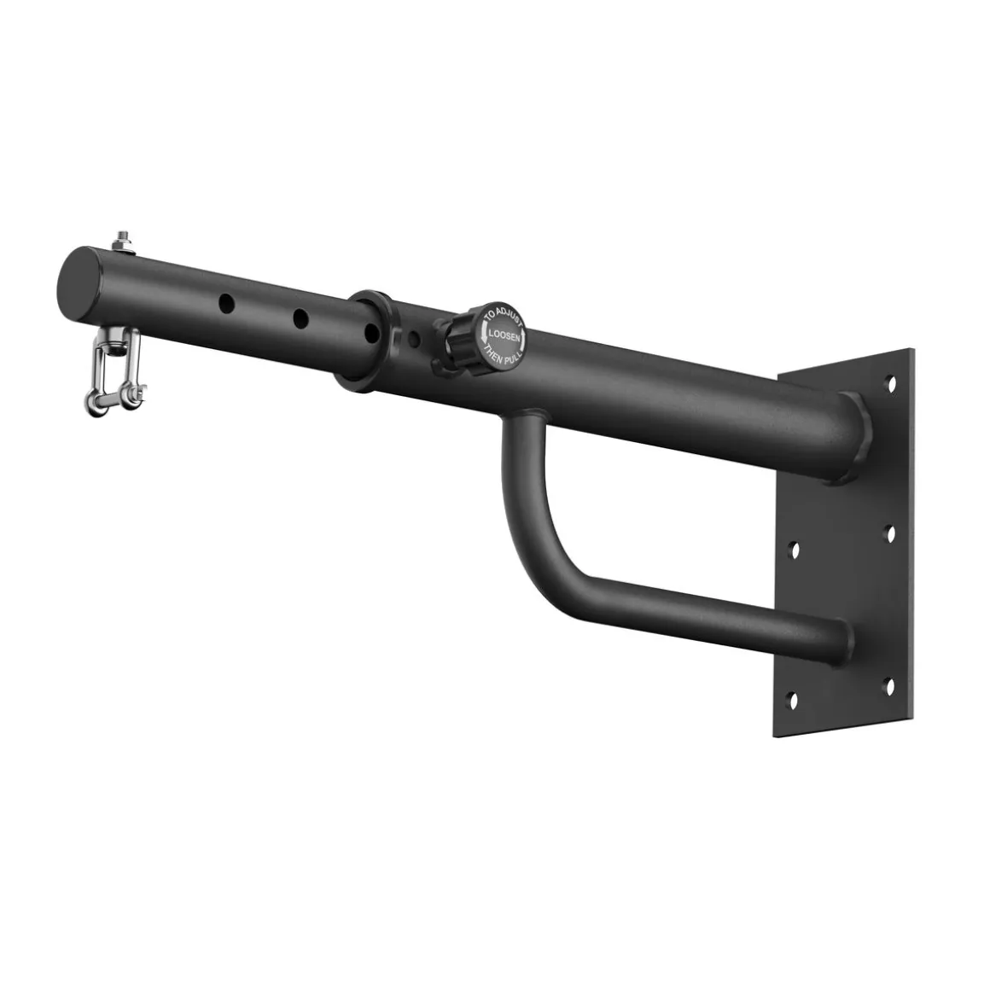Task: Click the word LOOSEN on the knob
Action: pos(504,336)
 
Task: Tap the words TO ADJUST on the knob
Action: pos(504,319)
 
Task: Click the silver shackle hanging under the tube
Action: pos(116,373)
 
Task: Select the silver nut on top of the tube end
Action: pos(122,241)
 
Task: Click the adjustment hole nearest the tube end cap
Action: pos(227,303)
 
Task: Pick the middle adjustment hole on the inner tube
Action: pos(300,317)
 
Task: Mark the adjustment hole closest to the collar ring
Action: pos(372,332)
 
